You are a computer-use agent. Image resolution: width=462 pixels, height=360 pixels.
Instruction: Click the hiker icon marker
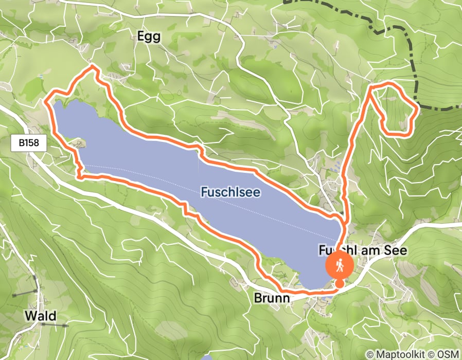339,266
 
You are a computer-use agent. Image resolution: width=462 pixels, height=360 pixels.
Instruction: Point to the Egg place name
149,37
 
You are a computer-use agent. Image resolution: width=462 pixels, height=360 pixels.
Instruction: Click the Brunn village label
272,298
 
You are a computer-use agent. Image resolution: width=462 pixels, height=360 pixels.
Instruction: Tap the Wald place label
40,315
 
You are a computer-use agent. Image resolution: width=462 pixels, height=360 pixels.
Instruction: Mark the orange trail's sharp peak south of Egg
93,66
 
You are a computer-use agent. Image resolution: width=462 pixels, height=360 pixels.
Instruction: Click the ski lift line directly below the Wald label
54,325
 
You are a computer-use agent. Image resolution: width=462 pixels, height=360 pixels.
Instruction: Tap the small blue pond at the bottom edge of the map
207,357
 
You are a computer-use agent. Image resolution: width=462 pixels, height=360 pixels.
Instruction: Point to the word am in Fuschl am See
370,250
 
